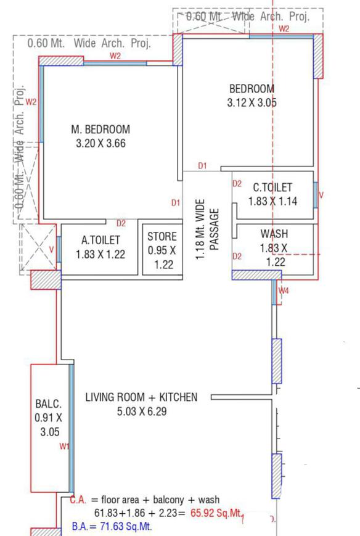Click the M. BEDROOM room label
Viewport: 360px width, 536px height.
click(100, 130)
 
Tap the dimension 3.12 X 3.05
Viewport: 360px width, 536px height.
click(252, 103)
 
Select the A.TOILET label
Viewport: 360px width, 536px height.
click(101, 240)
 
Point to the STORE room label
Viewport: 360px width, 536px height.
click(162, 237)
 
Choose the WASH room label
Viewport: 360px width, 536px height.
click(273, 234)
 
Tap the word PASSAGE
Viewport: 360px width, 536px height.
click(215, 229)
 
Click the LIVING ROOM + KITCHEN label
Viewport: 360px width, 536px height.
click(141, 397)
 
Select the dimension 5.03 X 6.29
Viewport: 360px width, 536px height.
click(141, 411)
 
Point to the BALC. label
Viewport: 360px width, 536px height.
click(48, 404)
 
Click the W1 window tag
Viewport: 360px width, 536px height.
click(64, 447)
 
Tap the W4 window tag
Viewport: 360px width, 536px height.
click(284, 290)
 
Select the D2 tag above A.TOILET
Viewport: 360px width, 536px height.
click(121, 223)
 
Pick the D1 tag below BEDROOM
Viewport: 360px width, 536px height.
click(202, 165)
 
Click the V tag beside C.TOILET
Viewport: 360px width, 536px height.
click(321, 196)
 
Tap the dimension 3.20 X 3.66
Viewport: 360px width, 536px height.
click(100, 144)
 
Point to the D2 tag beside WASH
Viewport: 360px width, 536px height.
click(237, 256)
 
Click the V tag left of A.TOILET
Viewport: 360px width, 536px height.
click(52, 249)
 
